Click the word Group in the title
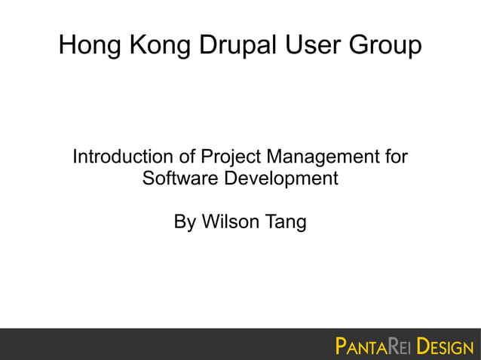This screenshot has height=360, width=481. point(386,47)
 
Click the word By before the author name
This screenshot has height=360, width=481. point(185,223)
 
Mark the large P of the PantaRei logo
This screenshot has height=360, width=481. point(342,347)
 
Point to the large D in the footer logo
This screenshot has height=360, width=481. point(422,347)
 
